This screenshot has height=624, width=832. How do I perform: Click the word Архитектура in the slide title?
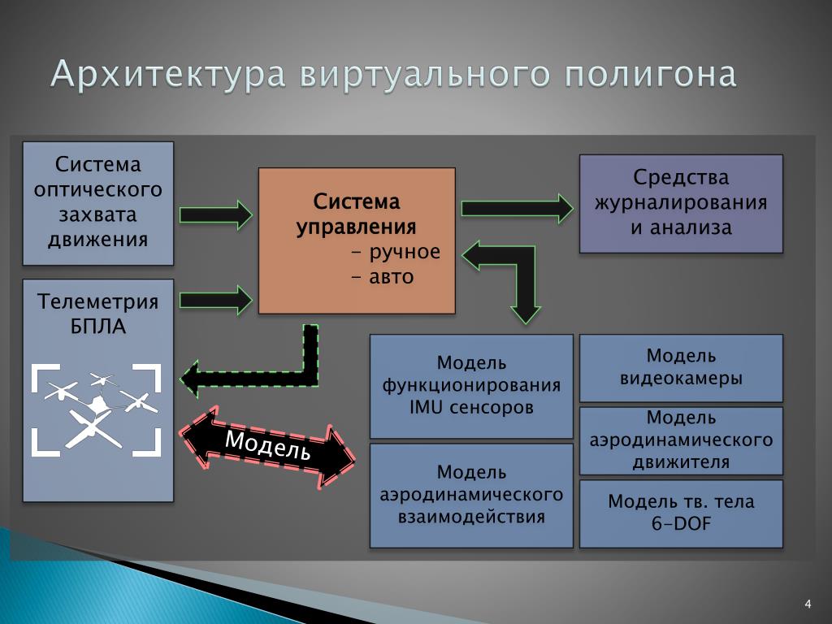(167, 75)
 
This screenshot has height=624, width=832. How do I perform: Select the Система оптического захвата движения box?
(98, 202)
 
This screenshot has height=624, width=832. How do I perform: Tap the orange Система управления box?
(357, 240)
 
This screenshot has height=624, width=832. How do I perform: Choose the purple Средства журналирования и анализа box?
(681, 203)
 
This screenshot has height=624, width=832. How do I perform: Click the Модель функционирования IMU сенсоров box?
(471, 385)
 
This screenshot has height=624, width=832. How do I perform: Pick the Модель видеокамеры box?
(681, 367)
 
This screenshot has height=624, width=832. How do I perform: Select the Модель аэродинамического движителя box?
(681, 440)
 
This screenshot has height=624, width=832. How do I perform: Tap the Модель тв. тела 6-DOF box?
(681, 513)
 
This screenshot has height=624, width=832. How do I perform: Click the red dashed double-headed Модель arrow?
(267, 446)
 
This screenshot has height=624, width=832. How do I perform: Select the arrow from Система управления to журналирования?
(517, 208)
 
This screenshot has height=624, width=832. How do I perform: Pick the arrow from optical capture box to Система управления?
(215, 214)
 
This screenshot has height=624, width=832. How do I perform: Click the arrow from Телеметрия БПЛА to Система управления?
(215, 300)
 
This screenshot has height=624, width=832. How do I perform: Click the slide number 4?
(808, 603)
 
